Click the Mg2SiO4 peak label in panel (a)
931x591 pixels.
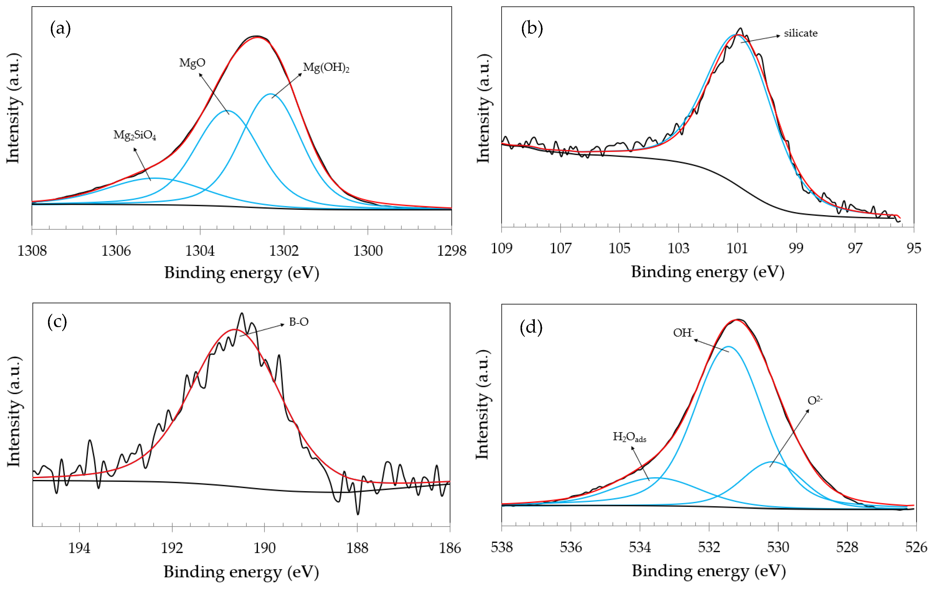[x=135, y=135]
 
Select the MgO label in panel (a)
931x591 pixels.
[x=192, y=62]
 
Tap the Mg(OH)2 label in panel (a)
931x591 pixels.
[x=326, y=68]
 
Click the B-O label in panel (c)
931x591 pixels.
[x=299, y=322]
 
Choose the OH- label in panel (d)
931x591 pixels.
[x=683, y=333]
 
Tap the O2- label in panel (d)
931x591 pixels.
[x=815, y=400]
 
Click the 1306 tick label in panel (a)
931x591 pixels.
[x=116, y=251]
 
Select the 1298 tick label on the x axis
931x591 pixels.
[x=452, y=251]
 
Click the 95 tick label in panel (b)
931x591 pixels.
[x=914, y=248]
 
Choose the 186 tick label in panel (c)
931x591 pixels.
[x=450, y=548]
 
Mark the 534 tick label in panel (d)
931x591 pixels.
[x=640, y=547]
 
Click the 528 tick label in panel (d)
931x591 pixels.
[x=847, y=547]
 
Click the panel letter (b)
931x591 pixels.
[x=532, y=28]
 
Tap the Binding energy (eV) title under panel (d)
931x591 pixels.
[x=709, y=571]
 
